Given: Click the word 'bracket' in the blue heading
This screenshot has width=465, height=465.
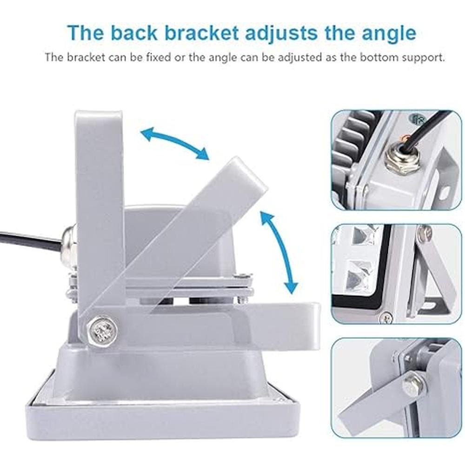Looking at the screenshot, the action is tap(201, 33).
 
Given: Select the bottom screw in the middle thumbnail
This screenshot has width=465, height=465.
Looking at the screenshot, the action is tap(386, 318).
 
